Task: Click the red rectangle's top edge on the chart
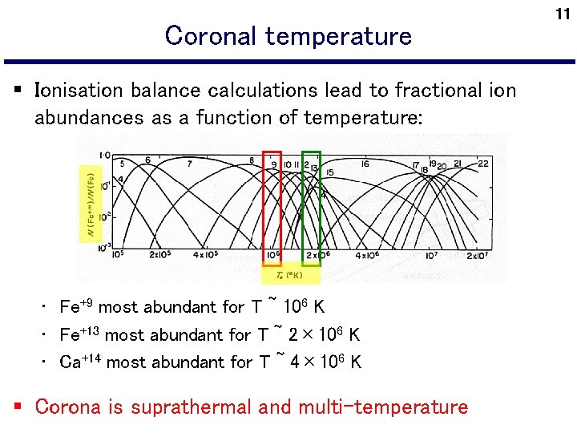pos(272,152)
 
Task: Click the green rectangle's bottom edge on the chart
pos(311,264)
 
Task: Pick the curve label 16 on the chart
pos(365,164)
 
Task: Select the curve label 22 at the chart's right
pos(482,164)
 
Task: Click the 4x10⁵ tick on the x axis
pos(205,256)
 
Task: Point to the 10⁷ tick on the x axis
pos(431,256)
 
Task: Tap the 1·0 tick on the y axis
pos(105,156)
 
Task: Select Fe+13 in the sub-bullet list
pos(80,334)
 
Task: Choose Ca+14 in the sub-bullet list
pos(81,362)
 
